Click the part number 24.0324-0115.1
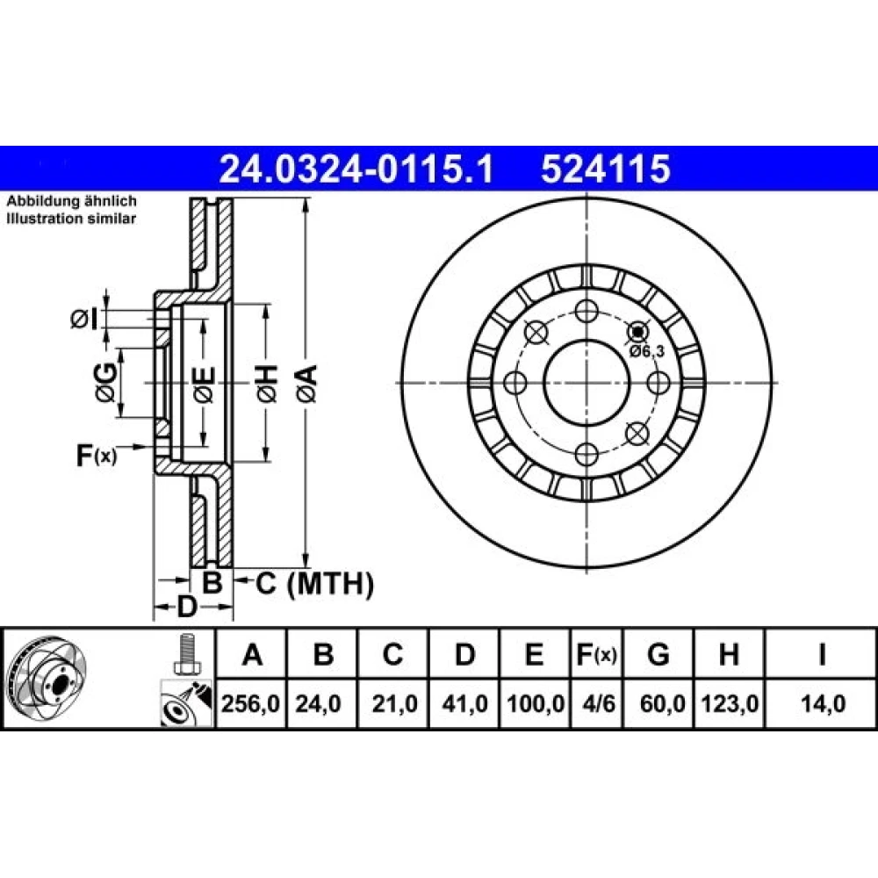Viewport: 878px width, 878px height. coord(356,169)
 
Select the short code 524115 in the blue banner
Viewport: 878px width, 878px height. coord(605,169)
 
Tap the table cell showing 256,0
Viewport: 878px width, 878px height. coord(250,704)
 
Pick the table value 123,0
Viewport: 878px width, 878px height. coord(729,704)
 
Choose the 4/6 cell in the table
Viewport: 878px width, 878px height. coord(598,704)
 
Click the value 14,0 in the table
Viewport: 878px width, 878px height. coord(823,704)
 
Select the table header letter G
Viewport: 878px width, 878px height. coord(658,654)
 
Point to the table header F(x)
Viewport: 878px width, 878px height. coord(596,655)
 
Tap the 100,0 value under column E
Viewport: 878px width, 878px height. coord(536,704)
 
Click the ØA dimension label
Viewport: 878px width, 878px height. coord(307,383)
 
